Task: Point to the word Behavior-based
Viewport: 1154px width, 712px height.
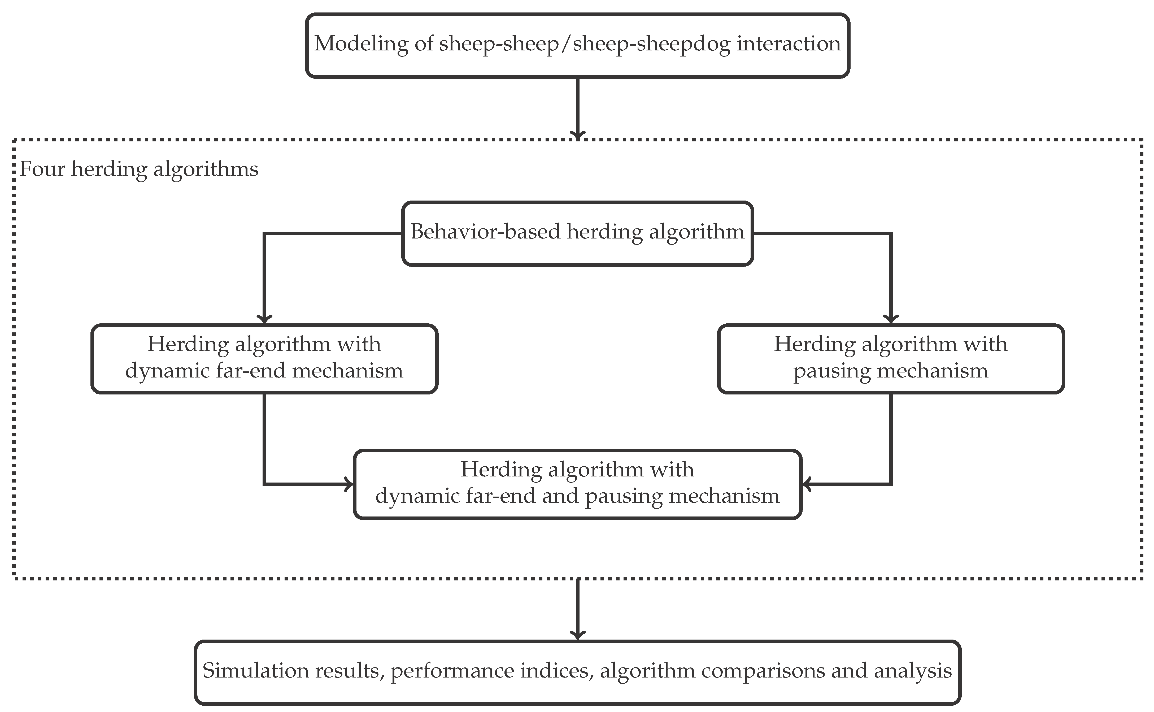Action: pyautogui.click(x=485, y=232)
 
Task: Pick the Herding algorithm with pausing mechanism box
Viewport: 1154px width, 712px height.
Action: pyautogui.click(x=890, y=358)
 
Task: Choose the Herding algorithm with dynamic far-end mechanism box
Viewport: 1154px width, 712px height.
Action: pyautogui.click(x=264, y=358)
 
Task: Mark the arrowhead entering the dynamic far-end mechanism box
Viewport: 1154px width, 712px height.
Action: pyautogui.click(x=264, y=319)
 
